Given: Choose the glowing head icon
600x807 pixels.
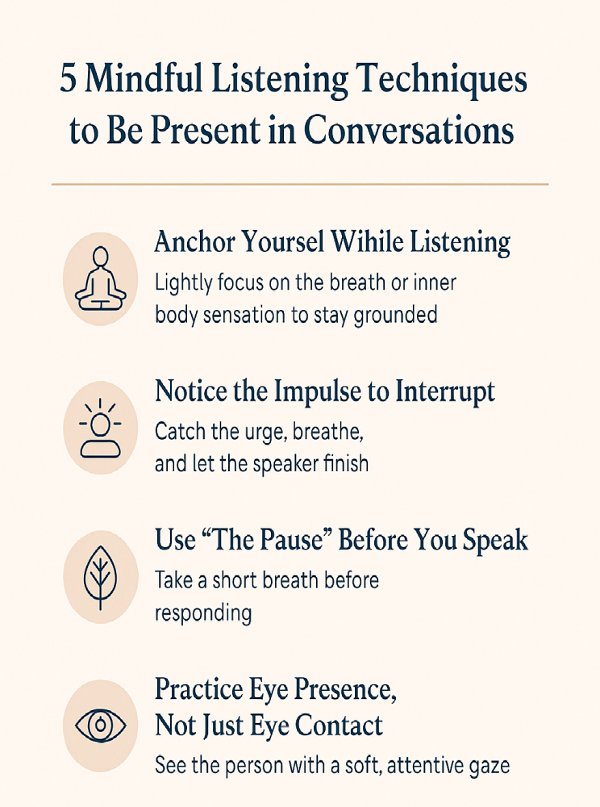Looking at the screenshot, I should pos(100,428).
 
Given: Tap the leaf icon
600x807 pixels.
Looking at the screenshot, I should pos(100,577).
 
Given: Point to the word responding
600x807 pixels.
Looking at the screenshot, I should pos(203,613).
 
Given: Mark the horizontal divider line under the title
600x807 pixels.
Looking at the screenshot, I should pos(300,185).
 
